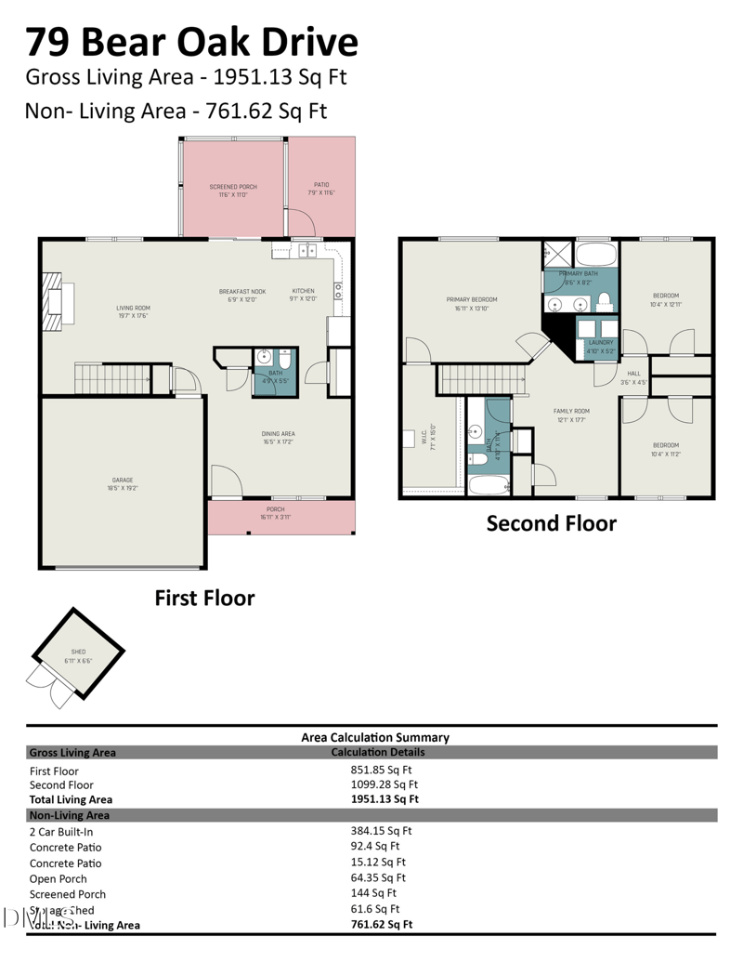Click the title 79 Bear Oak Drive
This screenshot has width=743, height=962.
click(x=191, y=42)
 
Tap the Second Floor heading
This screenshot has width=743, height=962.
click(x=551, y=523)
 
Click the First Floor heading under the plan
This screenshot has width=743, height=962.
click(x=204, y=598)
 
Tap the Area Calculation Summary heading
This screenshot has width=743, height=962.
click(x=375, y=737)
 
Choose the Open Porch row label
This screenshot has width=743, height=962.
click(x=59, y=878)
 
